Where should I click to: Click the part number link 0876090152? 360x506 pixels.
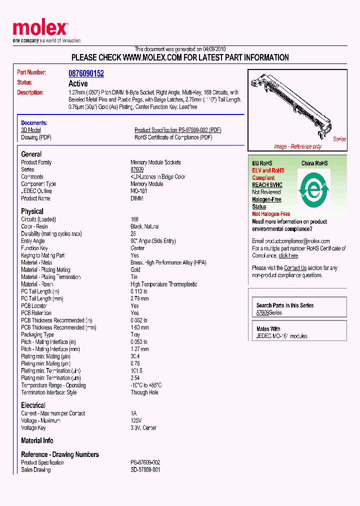[86, 73]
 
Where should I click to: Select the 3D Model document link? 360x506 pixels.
[30, 130]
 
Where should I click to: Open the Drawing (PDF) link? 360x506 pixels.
[36, 137]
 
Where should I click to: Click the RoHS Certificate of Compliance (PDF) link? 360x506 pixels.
[173, 137]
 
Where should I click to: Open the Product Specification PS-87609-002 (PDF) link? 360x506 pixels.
[177, 130]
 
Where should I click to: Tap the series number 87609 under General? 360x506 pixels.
[137, 170]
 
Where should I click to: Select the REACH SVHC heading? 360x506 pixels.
[267, 185]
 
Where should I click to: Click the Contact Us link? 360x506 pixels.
[295, 268]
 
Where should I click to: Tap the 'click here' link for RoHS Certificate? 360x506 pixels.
[288, 255]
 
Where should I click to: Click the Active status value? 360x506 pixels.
[78, 84]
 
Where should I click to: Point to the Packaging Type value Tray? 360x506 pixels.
[135, 335]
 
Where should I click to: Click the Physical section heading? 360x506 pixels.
[32, 211]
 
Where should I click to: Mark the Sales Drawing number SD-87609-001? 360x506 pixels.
[145, 470]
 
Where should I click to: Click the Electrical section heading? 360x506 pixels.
[33, 405]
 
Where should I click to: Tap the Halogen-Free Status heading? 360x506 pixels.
[266, 203]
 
